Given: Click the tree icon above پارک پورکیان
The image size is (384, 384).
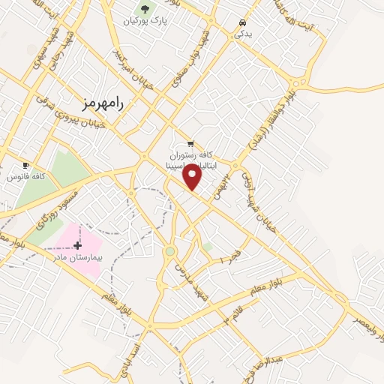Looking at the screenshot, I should tap(145, 8).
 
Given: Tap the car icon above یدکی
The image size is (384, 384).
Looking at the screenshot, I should tap(241, 22).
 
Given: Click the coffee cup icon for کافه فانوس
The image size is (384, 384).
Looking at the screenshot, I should tap(26, 166).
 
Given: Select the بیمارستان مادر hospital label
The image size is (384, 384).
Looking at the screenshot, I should tap(77, 256).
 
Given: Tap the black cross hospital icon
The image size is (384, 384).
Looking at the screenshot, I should tap(77, 245).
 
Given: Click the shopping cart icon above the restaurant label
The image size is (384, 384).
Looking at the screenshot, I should tap(190, 143).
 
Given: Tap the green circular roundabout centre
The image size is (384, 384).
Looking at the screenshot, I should tap(170, 252).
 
